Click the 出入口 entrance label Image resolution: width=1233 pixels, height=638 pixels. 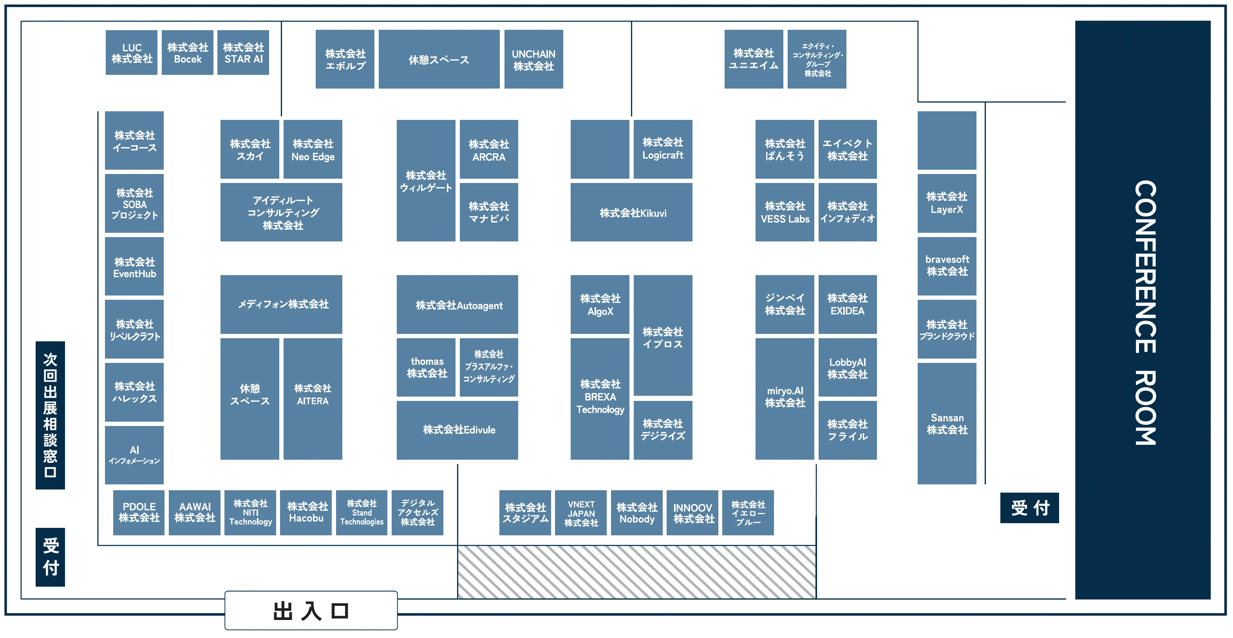pos(311,611)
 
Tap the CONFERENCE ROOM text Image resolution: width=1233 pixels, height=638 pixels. pos(1145,313)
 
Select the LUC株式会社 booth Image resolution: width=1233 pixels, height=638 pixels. pos(132,53)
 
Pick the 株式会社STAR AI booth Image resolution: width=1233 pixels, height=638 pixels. pos(243,53)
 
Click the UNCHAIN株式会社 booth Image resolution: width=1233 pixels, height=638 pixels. pos(534,60)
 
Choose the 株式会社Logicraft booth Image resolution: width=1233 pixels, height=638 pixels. pos(663,149)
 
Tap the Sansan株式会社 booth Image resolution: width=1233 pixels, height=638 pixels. pos(947,423)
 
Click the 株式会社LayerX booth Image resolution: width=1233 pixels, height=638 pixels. pos(947,203)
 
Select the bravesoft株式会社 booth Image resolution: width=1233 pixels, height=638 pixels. pos(947,266)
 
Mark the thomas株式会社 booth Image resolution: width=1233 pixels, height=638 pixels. pos(426,367)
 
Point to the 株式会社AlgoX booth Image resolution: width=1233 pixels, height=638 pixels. pos(600,304)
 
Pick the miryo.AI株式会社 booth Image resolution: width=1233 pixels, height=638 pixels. pos(785,399)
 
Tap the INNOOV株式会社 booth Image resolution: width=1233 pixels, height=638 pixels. pos(692,513)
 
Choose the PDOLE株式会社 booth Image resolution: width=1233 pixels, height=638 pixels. pos(139,513)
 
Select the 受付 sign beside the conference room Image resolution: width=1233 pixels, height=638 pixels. pos(1030,508)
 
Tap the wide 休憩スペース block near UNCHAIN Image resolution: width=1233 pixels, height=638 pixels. pos(439,60)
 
